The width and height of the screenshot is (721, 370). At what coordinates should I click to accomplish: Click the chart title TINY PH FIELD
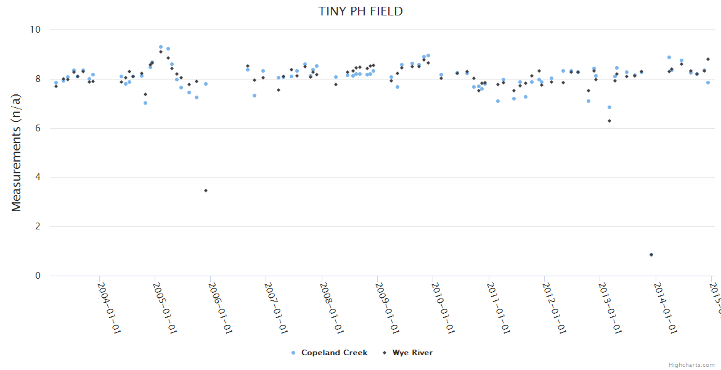[360, 11]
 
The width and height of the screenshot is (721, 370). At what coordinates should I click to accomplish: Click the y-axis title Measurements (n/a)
[17, 152]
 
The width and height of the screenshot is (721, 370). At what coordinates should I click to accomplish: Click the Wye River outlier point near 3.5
[206, 191]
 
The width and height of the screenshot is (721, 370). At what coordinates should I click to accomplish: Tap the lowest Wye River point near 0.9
[651, 255]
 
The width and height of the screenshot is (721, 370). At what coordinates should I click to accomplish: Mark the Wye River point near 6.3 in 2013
[609, 121]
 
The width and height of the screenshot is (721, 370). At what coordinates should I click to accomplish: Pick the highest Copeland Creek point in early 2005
[161, 47]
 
